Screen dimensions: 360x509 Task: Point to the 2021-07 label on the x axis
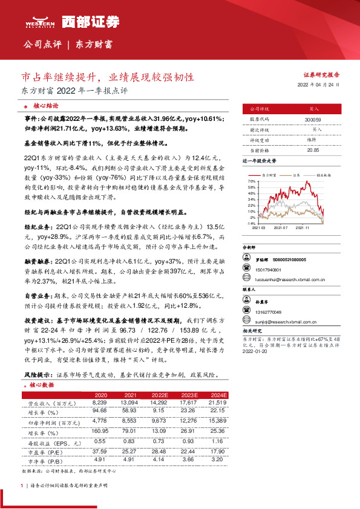coord(281,228)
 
